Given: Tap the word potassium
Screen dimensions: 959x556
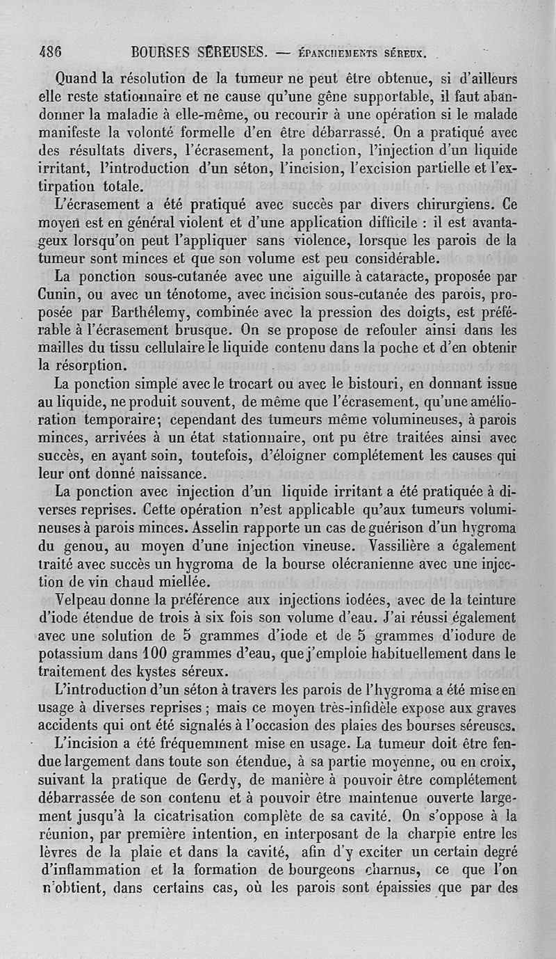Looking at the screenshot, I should [72, 655].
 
